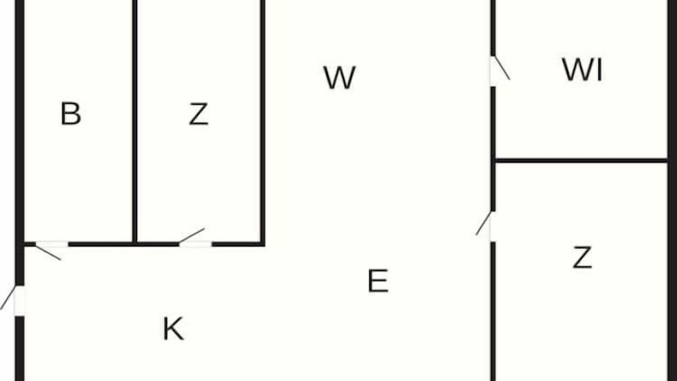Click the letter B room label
pos(71,114)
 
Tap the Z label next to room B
pos(198,114)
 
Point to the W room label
pos(340,78)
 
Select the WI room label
pos(582,70)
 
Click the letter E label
pos(378,281)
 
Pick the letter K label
pos(173,329)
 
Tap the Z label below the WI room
pos(582,257)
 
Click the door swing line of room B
pos(48,253)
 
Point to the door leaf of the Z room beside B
pos(192,235)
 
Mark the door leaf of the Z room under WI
pos(483,223)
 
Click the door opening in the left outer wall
pos(20,301)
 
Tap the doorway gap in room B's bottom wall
pos(52,244)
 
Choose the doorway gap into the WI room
pos(493,71)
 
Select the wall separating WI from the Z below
pos(581,160)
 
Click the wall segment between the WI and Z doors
pos(493,149)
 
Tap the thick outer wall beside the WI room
pos(672,80)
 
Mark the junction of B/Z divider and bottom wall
pos(135,244)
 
